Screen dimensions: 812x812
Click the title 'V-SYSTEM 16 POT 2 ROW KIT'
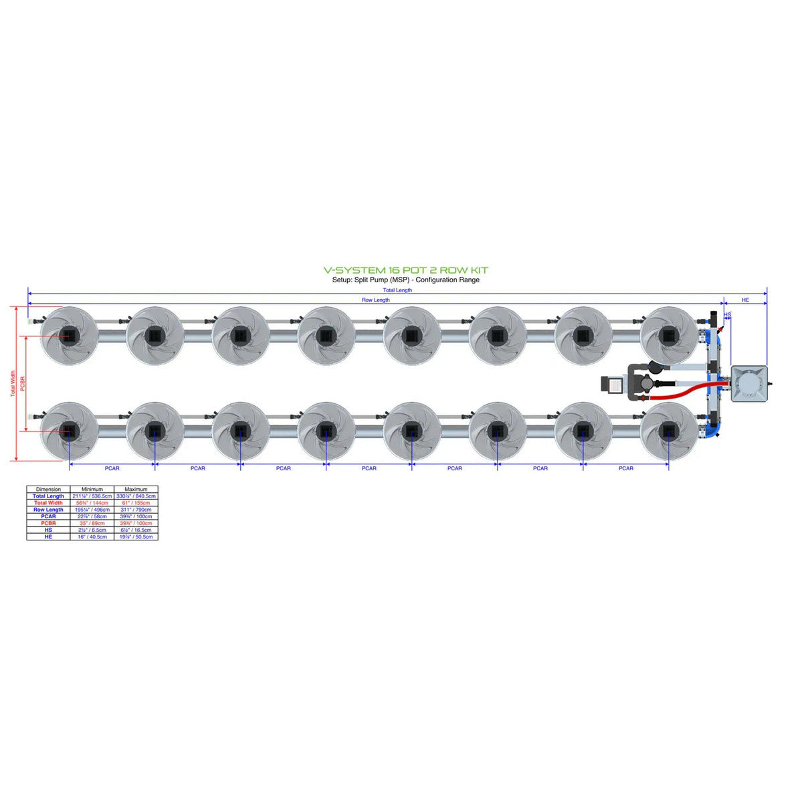click(x=405, y=270)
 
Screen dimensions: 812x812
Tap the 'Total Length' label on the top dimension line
click(x=397, y=290)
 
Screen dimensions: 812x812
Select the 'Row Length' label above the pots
click(x=375, y=300)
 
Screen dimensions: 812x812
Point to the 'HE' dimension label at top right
click(x=745, y=300)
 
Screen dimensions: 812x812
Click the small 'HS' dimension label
click(x=727, y=314)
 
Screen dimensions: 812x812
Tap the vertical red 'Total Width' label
click(x=13, y=384)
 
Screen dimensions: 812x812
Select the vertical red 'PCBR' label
click(x=23, y=384)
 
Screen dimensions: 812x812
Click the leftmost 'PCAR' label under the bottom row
click(x=112, y=468)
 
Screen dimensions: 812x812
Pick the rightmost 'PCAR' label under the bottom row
click(x=625, y=468)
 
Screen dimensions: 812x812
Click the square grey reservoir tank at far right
click(x=749, y=383)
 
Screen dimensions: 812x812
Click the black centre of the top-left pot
click(x=69, y=335)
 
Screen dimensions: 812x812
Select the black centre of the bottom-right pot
click(x=668, y=431)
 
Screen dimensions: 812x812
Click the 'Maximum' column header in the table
click(x=136, y=489)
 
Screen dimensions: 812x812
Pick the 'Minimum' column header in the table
click(x=92, y=489)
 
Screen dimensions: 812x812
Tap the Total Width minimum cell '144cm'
click(x=92, y=503)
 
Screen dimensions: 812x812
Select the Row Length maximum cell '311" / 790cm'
click(x=136, y=510)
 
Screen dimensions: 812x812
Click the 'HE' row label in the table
click(x=48, y=536)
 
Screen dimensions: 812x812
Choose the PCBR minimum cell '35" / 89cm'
click(x=92, y=523)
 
